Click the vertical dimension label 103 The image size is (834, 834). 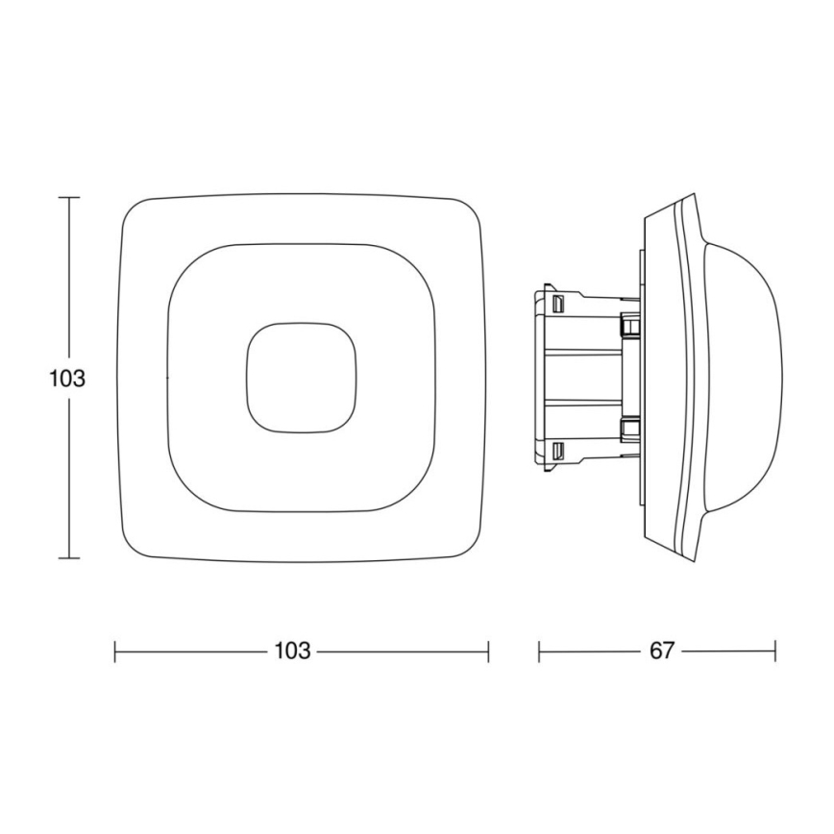(67, 378)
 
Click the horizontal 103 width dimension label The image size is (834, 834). (292, 650)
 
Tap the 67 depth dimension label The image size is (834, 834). (661, 650)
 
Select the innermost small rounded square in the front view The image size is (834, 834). (301, 376)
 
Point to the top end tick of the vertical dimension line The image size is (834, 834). (68, 197)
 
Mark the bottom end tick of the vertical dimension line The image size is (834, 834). (68, 557)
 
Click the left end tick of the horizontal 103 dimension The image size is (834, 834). (115, 651)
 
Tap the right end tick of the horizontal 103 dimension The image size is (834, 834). (488, 651)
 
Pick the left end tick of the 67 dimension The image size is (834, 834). (539, 651)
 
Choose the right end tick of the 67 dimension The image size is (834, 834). (774, 651)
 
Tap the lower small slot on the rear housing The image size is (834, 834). (557, 449)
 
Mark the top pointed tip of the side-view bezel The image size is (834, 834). (690, 197)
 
